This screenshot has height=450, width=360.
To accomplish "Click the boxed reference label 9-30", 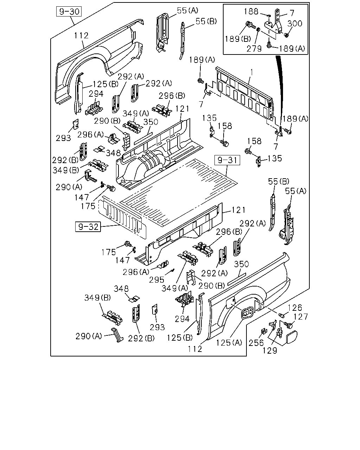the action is [69, 12].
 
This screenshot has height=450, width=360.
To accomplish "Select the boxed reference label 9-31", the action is [227, 160].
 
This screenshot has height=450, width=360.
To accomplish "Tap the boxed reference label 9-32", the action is [88, 227].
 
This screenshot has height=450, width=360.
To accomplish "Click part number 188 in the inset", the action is [251, 11].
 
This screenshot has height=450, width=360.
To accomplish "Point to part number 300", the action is [295, 24].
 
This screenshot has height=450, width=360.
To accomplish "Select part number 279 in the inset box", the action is [254, 49].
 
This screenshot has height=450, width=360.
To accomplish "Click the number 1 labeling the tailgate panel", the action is [252, 72].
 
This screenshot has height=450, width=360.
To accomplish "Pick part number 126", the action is [295, 308].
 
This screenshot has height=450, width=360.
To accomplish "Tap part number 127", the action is [300, 317].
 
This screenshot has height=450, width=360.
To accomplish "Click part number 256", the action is [256, 342].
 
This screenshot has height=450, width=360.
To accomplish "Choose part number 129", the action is [270, 350].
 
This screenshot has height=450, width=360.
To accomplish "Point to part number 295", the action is [157, 279].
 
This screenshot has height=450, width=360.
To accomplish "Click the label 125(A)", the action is [229, 342].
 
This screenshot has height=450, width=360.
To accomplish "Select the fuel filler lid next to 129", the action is [291, 337].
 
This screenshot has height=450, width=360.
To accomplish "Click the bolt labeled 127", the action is [288, 325].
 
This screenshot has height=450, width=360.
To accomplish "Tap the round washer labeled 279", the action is [258, 30].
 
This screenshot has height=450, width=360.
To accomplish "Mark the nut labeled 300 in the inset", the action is [286, 35].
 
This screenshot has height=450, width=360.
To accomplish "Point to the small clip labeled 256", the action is [264, 331].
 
